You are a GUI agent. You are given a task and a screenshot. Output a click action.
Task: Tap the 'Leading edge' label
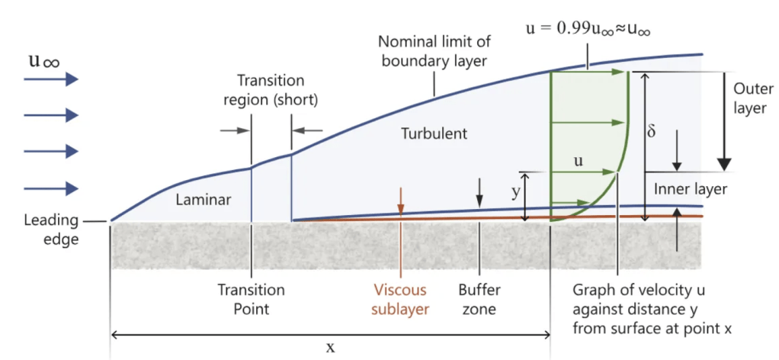point(51,229)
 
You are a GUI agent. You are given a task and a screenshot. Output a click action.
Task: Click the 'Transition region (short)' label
point(271,90)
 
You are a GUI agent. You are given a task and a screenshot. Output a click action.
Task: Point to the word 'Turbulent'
point(434,134)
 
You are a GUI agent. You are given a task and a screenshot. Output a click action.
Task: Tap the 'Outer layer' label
point(750,98)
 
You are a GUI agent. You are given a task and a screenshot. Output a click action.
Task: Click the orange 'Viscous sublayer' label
point(401,300)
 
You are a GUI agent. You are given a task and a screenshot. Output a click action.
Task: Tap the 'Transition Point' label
point(251,300)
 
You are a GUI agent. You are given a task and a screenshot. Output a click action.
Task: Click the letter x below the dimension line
point(330,347)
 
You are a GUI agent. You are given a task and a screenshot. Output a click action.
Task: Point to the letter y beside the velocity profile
point(515,191)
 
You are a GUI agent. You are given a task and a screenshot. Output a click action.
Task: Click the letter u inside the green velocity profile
point(579,161)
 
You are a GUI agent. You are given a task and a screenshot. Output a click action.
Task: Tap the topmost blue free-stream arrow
point(51,79)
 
